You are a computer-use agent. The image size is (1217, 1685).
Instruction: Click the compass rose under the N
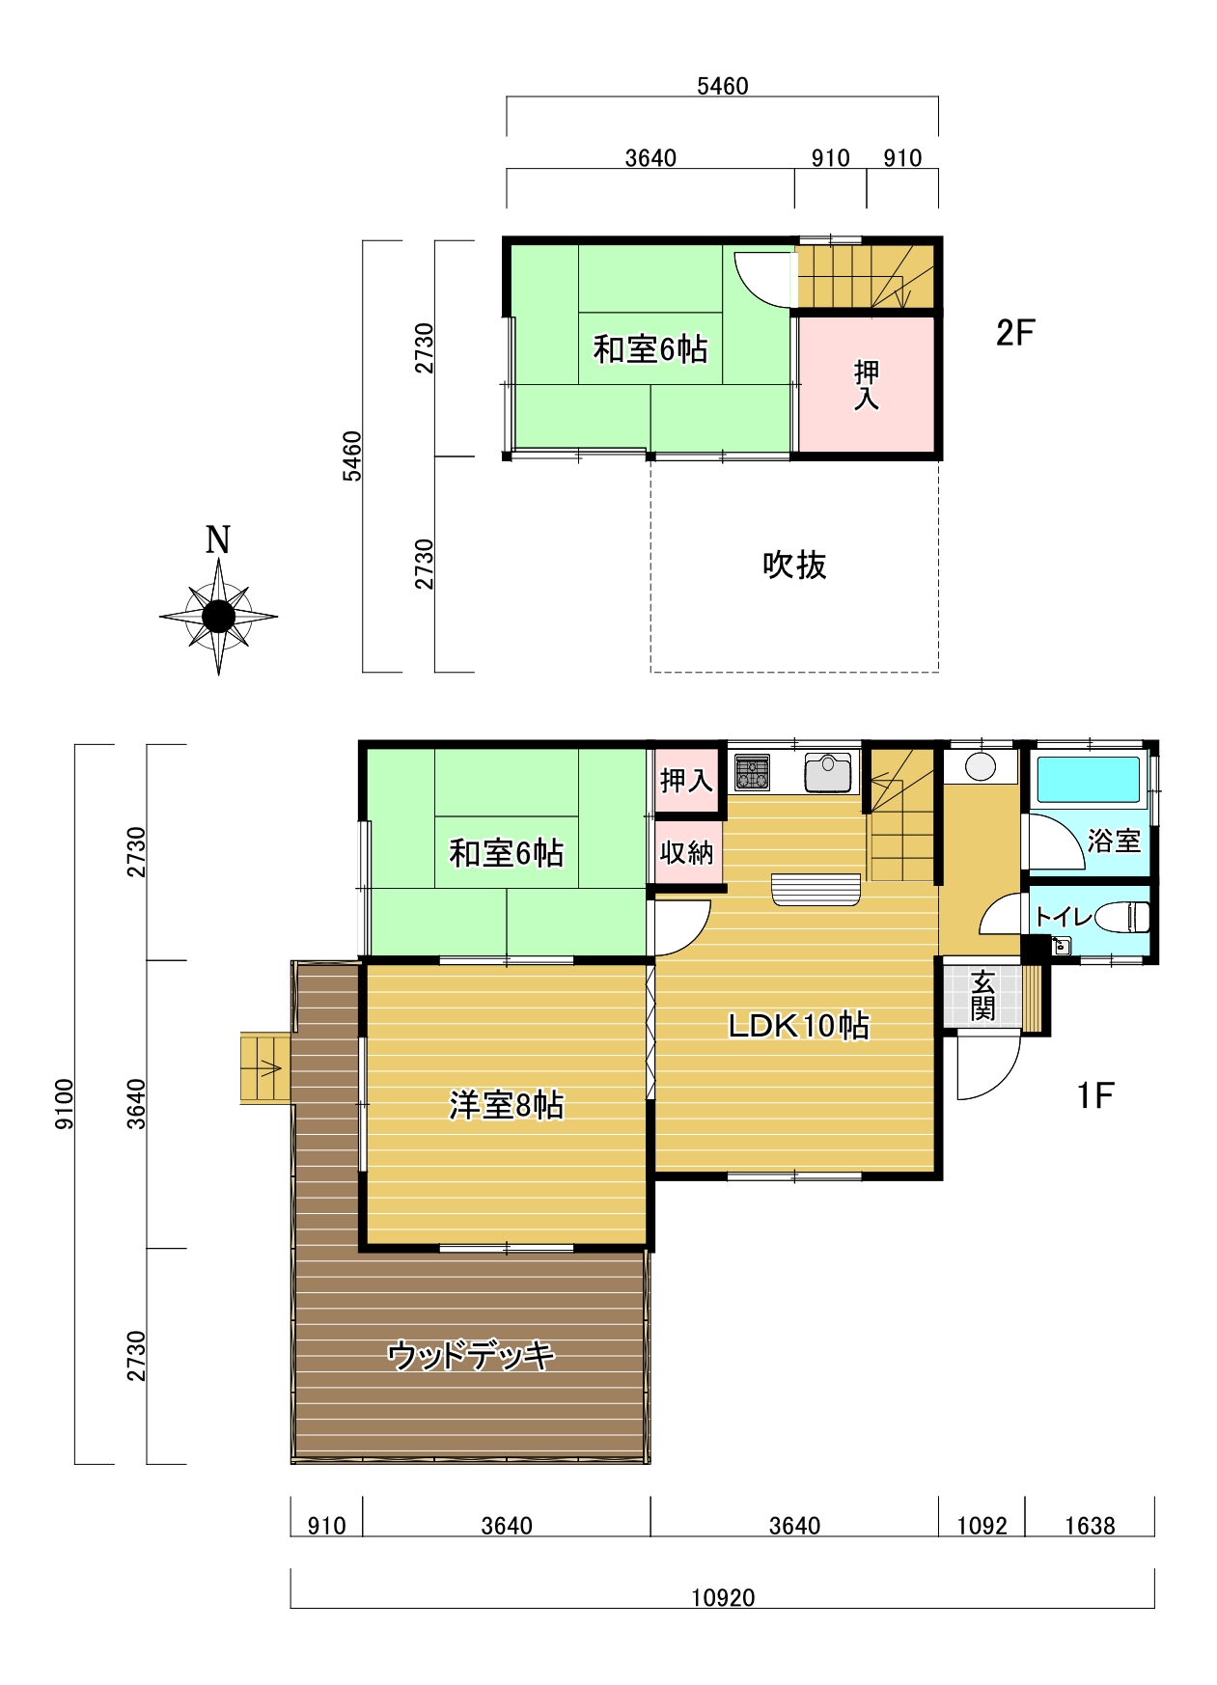click(219, 616)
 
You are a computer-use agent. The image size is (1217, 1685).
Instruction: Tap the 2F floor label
click(1014, 333)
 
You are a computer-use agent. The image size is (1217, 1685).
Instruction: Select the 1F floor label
click(1095, 1095)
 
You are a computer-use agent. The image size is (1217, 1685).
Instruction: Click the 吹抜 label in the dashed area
click(794, 565)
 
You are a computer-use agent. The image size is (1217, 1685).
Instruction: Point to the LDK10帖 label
click(798, 1025)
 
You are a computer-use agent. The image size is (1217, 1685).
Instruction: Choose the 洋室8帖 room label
click(507, 1105)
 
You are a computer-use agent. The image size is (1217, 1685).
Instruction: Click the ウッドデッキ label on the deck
click(471, 1356)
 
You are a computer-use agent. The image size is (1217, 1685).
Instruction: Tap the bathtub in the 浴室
click(1088, 780)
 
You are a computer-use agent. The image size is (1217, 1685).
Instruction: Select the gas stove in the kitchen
click(752, 772)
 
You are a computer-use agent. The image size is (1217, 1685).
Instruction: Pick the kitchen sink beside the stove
click(828, 772)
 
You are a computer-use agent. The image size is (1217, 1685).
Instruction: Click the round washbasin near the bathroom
click(981, 767)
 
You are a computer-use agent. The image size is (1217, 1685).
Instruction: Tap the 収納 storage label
click(686, 852)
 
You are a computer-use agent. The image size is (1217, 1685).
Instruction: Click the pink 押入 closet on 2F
click(867, 384)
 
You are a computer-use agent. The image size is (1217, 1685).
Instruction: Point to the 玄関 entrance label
click(982, 996)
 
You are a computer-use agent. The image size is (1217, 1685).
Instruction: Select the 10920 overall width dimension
click(723, 1597)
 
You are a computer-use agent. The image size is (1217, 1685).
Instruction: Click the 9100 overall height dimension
click(64, 1104)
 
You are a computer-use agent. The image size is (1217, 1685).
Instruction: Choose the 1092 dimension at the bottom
click(982, 1526)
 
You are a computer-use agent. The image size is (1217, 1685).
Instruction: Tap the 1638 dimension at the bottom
click(1090, 1526)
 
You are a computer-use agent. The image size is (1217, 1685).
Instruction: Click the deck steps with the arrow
click(265, 1068)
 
